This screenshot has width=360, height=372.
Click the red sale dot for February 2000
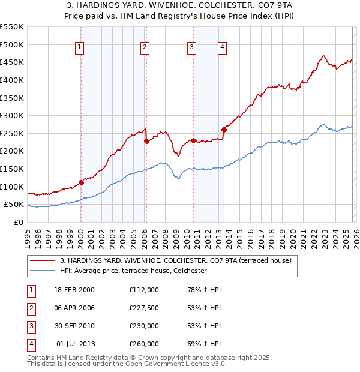pyautogui.click(x=81, y=182)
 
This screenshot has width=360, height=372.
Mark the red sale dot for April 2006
pyautogui.click(x=146, y=142)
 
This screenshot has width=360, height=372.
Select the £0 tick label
pyautogui.click(x=18, y=222)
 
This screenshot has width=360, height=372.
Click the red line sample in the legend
pyautogui.click(x=43, y=260)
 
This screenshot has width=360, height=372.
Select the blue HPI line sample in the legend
pyautogui.click(x=43, y=271)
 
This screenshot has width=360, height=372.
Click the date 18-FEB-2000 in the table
pyautogui.click(x=74, y=290)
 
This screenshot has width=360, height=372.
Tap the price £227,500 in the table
pyautogui.click(x=144, y=308)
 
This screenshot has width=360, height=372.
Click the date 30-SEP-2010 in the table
pyautogui.click(x=74, y=326)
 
